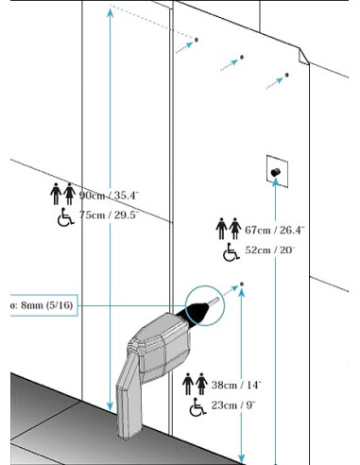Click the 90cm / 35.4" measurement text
[109, 196]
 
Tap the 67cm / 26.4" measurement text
[275, 230]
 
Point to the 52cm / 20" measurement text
[269, 251]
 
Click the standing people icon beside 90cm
[62, 194]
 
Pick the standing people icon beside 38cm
[194, 386]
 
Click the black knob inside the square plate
[276, 173]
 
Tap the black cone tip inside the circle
[199, 309]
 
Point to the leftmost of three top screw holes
[197, 40]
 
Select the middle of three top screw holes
[241, 59]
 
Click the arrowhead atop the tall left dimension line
[111, 11]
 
